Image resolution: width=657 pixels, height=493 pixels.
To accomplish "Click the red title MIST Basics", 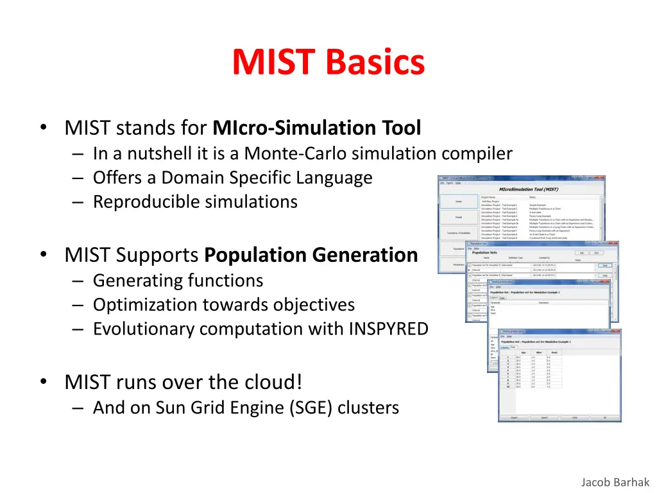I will coord(328,63).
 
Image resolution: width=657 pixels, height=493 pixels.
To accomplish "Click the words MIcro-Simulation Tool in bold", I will coord(317,128).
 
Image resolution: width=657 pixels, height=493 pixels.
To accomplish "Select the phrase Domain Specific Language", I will coord(266,178).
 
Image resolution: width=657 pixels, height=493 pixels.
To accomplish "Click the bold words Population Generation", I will coord(311,255).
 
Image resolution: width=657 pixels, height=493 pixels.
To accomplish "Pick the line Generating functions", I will coord(178,281).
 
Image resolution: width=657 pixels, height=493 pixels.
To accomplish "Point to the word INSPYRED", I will coord(388,329).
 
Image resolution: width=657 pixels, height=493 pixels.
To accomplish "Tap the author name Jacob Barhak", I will coord(615,482).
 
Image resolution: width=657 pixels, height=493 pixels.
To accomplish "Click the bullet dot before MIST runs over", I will coord(42,382).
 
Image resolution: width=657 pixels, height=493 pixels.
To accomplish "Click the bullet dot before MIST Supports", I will coord(42,255).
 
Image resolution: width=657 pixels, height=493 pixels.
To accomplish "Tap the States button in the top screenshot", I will coord(459,202).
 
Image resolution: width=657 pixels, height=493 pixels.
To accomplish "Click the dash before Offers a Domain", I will coord(78,178).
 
